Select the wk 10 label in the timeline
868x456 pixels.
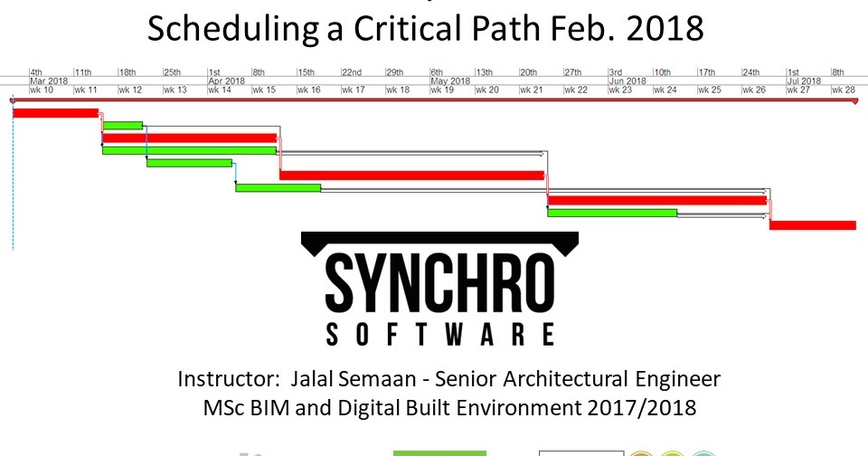click(x=42, y=90)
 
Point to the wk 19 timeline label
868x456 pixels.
click(x=441, y=90)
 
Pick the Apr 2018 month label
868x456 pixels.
click(x=226, y=81)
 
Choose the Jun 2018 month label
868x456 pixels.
click(x=627, y=81)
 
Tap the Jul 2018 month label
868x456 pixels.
click(x=804, y=81)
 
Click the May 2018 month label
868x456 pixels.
click(x=449, y=81)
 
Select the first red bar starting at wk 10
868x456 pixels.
click(x=55, y=112)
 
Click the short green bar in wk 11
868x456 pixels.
click(x=122, y=125)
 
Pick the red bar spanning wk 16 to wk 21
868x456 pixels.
click(x=411, y=175)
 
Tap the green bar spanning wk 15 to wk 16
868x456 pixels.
click(x=278, y=187)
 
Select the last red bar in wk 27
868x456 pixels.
click(x=812, y=224)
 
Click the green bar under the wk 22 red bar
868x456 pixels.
click(x=612, y=213)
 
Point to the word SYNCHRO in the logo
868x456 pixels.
click(x=439, y=282)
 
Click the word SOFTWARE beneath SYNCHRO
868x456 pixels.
click(x=439, y=336)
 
